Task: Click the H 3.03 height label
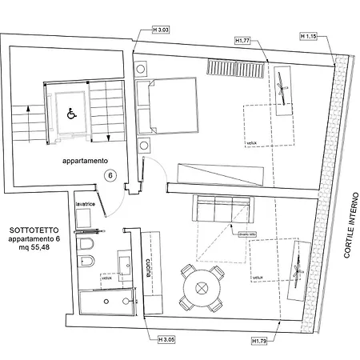(160, 30)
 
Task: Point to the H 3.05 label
(166, 340)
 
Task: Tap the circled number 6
(110, 174)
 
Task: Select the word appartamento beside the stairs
(85, 160)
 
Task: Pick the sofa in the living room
(223, 210)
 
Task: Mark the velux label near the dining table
(258, 278)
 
